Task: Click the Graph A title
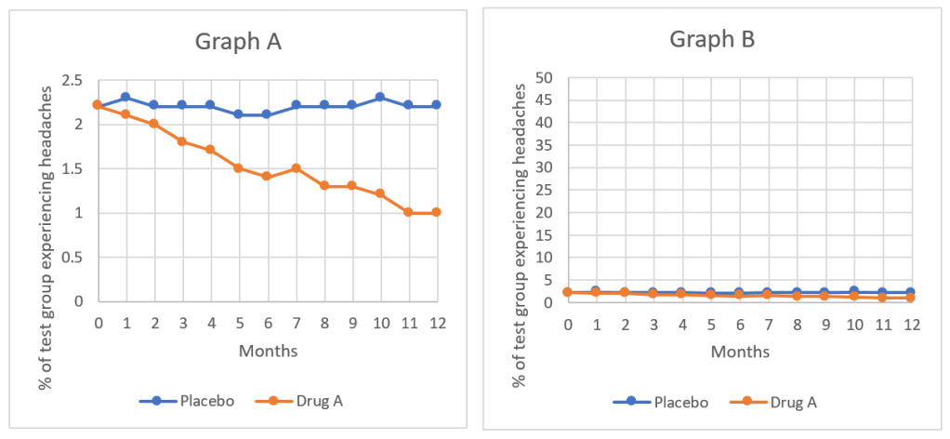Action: tap(237, 43)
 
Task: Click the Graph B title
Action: tap(712, 40)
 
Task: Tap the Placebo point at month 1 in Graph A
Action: tap(125, 97)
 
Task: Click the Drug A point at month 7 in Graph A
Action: tap(295, 168)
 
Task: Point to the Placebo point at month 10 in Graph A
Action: tap(378, 97)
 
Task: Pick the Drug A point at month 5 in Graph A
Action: tap(238, 168)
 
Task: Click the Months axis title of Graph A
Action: tap(268, 351)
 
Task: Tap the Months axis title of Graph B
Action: tap(740, 352)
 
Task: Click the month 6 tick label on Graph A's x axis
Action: tap(267, 323)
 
